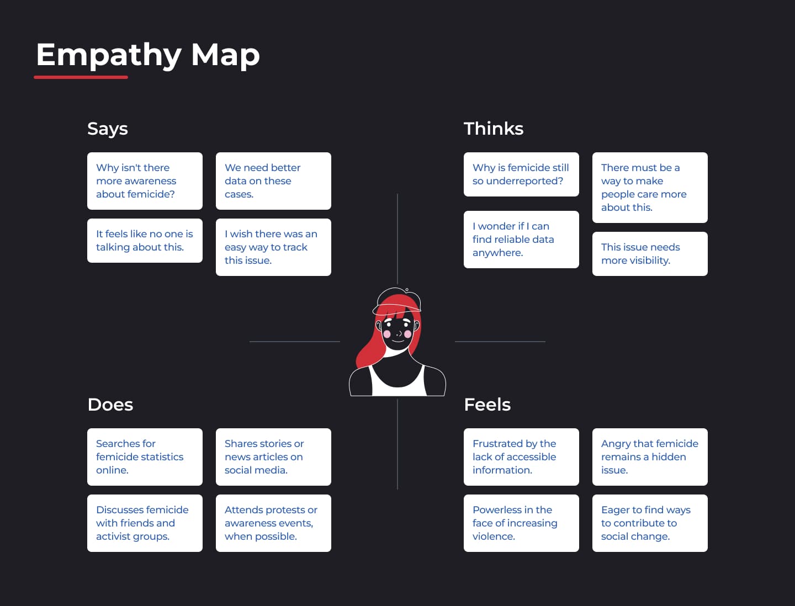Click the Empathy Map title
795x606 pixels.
tap(147, 55)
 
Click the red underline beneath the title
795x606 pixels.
tap(81, 77)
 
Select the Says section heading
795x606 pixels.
tap(108, 129)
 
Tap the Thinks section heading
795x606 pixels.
tap(493, 129)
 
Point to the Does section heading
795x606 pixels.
tap(110, 405)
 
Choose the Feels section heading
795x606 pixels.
tap(487, 405)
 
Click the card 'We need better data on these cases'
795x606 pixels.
tap(273, 181)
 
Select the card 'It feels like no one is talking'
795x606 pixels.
tap(145, 241)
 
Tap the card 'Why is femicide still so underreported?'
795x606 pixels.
tap(521, 174)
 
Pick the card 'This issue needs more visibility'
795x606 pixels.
tap(650, 254)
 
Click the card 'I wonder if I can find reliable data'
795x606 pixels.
tap(521, 240)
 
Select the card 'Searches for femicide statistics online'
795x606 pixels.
tap(145, 457)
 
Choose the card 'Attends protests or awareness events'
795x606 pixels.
tap(273, 523)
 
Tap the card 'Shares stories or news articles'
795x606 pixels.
tap(273, 457)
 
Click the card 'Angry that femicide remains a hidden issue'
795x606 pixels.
tap(650, 457)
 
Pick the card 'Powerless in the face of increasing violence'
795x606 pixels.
tap(521, 523)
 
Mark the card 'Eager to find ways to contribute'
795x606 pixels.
tap(650, 523)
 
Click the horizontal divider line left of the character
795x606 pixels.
tap(294, 342)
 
